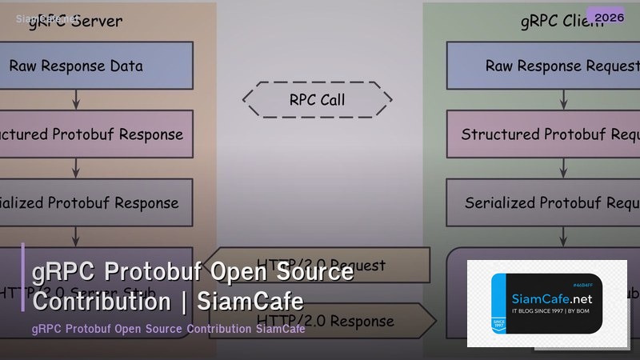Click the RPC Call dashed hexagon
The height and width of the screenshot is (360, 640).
point(318,100)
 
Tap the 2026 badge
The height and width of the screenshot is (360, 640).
point(606,16)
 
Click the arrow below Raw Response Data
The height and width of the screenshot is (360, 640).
point(76,99)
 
